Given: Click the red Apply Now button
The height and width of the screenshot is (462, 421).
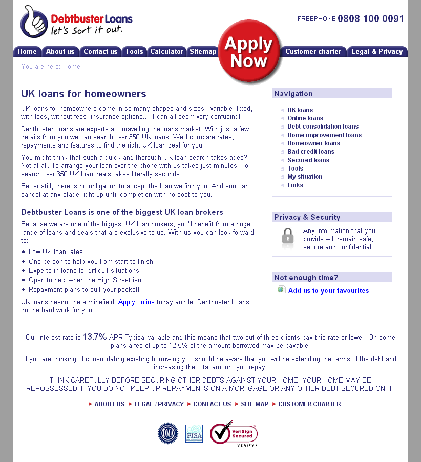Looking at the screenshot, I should pyautogui.click(x=249, y=52).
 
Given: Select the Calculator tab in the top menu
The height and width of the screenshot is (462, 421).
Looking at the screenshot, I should pyautogui.click(x=166, y=51).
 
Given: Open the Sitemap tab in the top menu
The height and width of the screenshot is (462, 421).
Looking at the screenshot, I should pyautogui.click(x=203, y=51).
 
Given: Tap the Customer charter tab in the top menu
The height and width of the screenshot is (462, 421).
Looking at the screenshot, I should pyautogui.click(x=313, y=51).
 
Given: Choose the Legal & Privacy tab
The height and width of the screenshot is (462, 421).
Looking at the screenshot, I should pyautogui.click(x=377, y=51).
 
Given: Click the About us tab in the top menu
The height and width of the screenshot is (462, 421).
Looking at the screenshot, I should pyautogui.click(x=60, y=51).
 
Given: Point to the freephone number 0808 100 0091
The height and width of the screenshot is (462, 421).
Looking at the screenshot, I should pyautogui.click(x=371, y=19).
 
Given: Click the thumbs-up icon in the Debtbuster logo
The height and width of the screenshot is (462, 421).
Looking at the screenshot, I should pyautogui.click(x=34, y=22).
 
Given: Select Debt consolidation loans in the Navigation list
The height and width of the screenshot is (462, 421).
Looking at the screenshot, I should pyautogui.click(x=323, y=127).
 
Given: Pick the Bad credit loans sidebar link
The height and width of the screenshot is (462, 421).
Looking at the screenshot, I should pyautogui.click(x=311, y=152).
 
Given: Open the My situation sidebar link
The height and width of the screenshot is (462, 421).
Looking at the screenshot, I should pyautogui.click(x=305, y=177).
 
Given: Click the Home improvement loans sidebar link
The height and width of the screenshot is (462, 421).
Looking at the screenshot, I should pyautogui.click(x=324, y=135).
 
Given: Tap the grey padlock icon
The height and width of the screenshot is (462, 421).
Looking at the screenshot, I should pyautogui.click(x=288, y=237).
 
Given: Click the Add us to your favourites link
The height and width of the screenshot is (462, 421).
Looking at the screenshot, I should pyautogui.click(x=328, y=290).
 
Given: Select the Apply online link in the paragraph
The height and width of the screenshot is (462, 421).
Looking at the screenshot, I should pyautogui.click(x=136, y=302).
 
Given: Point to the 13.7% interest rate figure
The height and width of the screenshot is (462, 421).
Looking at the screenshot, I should pyautogui.click(x=95, y=337).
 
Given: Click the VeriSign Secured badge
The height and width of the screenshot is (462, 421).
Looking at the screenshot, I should pyautogui.click(x=234, y=433).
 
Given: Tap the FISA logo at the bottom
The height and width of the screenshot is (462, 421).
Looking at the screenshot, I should pyautogui.click(x=194, y=433).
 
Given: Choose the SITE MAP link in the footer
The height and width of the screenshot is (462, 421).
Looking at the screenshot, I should pyautogui.click(x=255, y=404).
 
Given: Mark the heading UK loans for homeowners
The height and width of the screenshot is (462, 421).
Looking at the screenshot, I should pyautogui.click(x=83, y=94).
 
